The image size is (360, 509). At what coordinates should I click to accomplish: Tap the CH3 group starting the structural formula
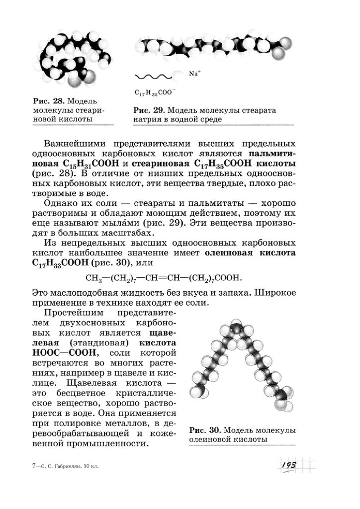tap(93, 278)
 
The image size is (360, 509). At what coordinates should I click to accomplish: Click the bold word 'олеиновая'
tap(232, 253)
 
